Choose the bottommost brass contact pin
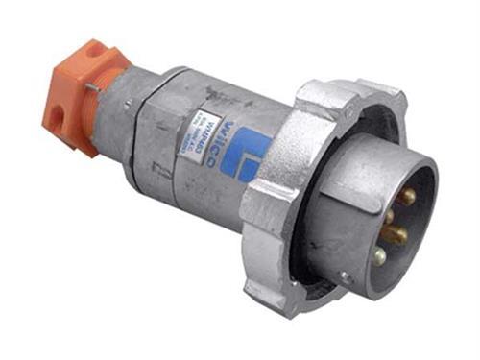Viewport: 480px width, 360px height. pyautogui.click(x=379, y=256)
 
